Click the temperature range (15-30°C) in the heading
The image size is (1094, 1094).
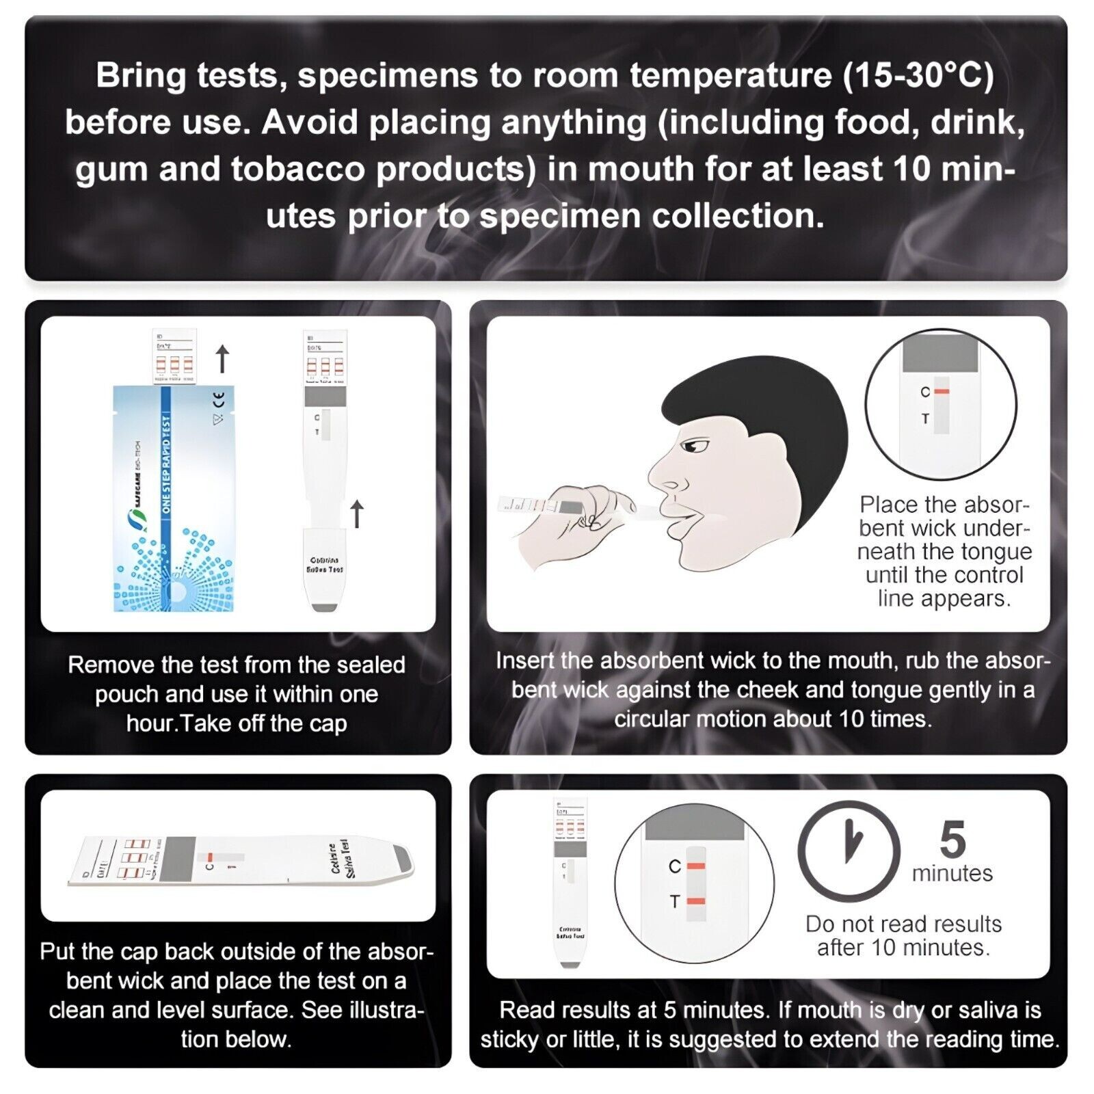click(x=918, y=75)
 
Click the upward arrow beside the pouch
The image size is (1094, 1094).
click(x=222, y=359)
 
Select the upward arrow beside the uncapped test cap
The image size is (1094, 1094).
click(x=356, y=513)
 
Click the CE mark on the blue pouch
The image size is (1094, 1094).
click(x=219, y=398)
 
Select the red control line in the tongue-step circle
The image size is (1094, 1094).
click(x=942, y=392)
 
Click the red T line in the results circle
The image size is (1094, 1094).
click(x=696, y=902)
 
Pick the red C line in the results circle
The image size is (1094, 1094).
click(x=696, y=866)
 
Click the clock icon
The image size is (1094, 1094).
click(x=849, y=852)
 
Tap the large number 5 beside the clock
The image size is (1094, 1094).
click(x=952, y=840)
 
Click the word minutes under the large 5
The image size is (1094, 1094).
click(x=952, y=874)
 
